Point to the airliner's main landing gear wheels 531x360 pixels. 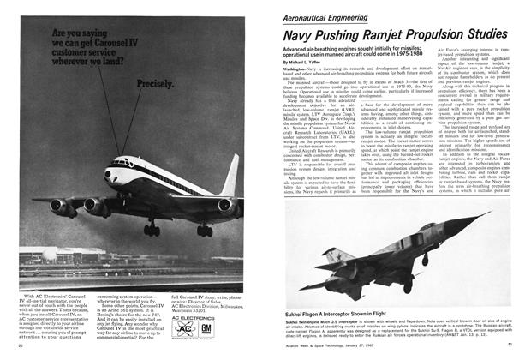[152, 231]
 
